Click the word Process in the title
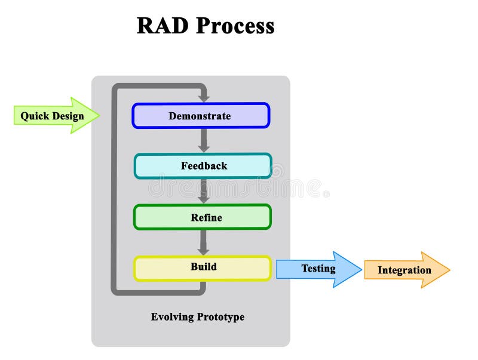point(235,26)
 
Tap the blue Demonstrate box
point(200,116)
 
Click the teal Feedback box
point(203,166)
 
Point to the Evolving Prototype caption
point(197,317)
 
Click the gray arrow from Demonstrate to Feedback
point(204,140)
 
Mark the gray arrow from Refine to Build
point(204,242)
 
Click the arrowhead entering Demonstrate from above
point(204,97)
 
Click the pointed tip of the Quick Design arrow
point(99,115)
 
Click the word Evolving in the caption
point(170,317)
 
